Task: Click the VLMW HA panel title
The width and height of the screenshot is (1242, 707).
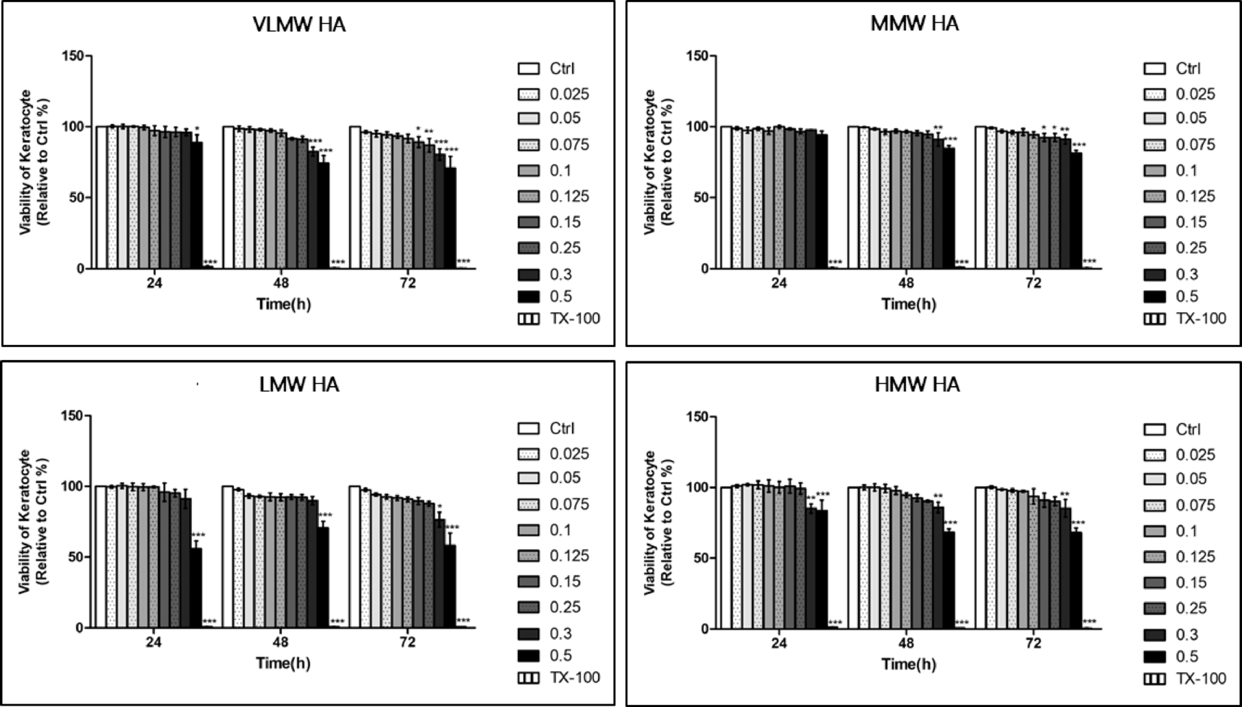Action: [x=298, y=25]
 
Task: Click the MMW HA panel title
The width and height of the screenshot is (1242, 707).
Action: [x=914, y=24]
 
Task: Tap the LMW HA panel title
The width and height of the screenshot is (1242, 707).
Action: [x=299, y=385]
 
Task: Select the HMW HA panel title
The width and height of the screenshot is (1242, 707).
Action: [x=917, y=385]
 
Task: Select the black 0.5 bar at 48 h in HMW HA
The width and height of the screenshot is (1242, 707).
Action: [x=949, y=580]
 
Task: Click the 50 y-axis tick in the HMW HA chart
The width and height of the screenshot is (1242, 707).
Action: [x=702, y=558]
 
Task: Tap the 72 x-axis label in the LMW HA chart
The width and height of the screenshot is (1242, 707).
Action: [x=407, y=643]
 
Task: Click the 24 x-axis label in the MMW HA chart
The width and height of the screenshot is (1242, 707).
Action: [x=779, y=283]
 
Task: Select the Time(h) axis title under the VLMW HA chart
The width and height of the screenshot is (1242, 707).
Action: [x=283, y=304]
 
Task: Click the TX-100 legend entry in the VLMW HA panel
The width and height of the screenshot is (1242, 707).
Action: [x=558, y=319]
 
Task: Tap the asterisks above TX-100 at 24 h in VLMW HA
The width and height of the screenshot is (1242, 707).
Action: [x=209, y=263]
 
